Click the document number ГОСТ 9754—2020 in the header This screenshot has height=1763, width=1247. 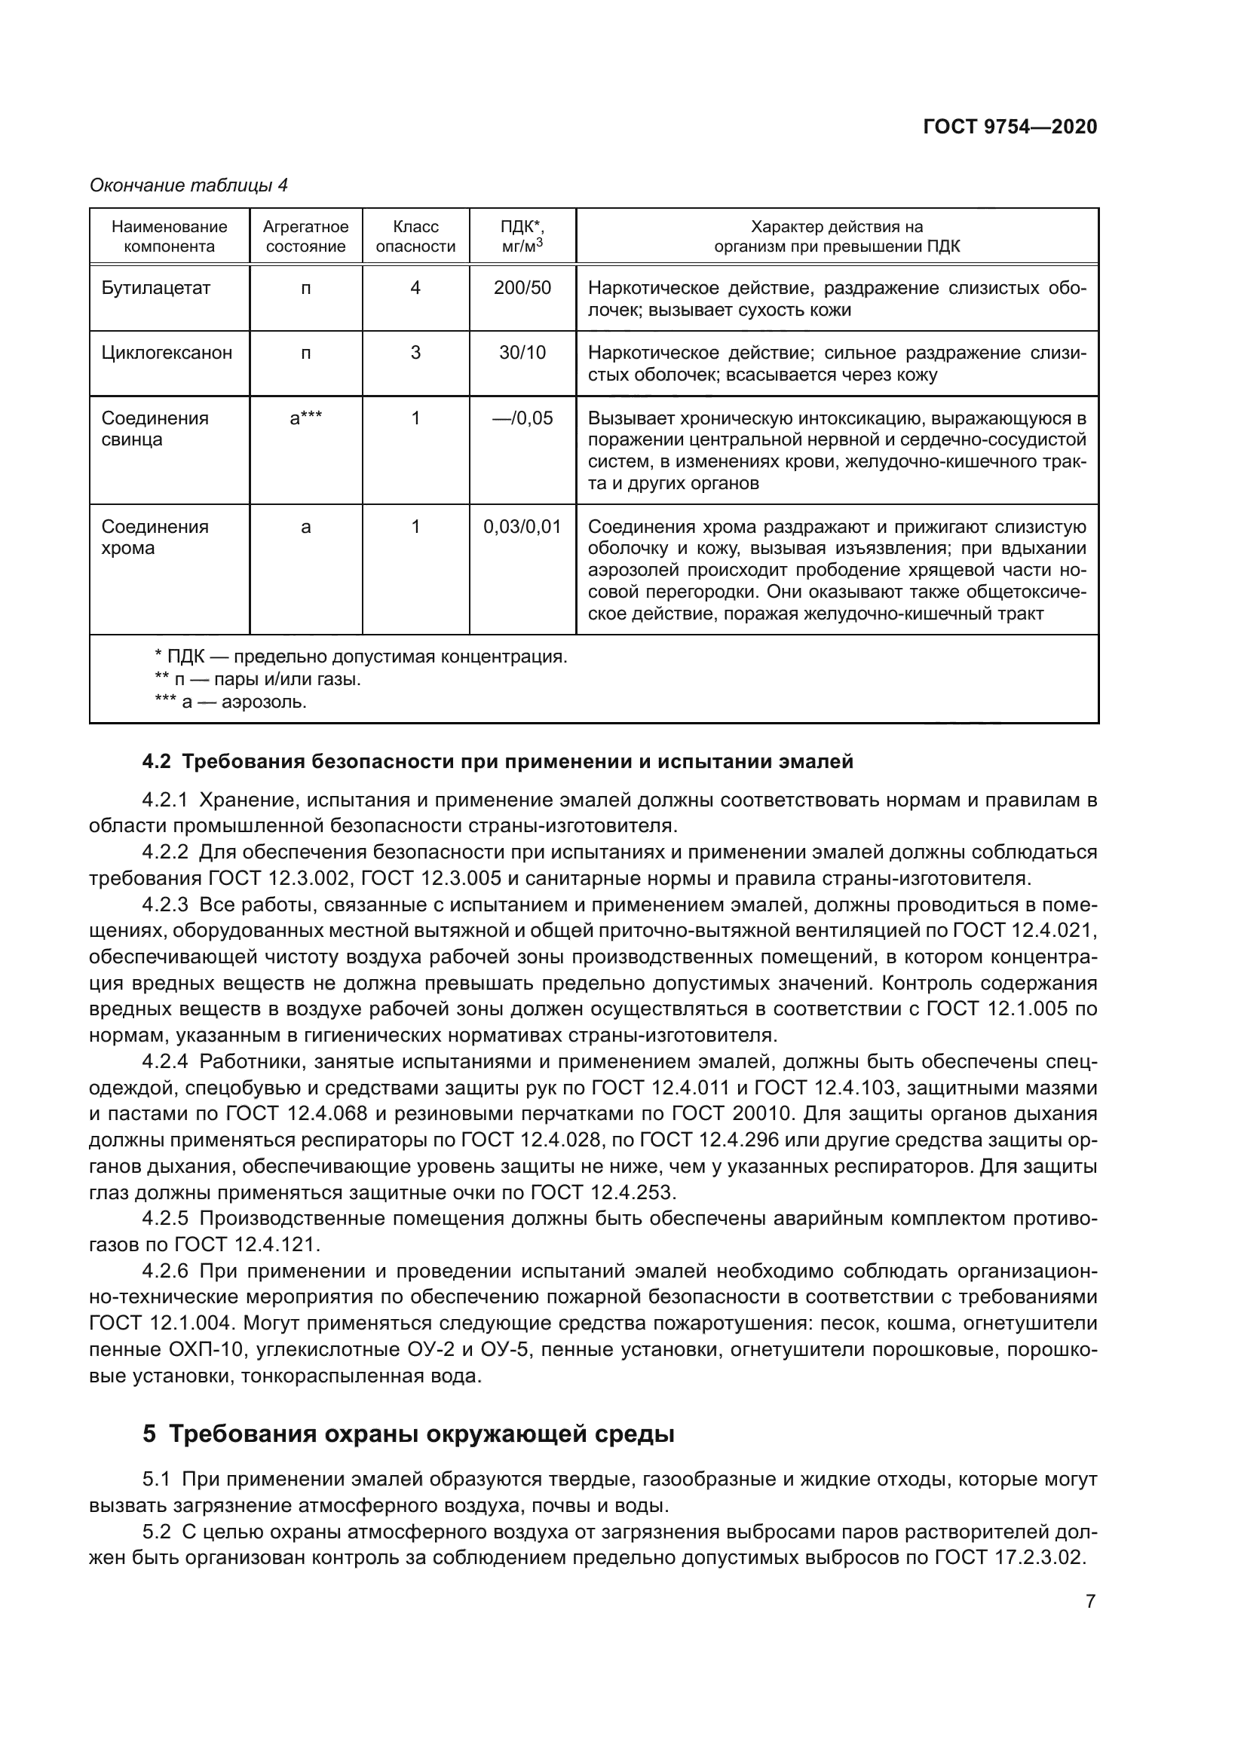point(1010,127)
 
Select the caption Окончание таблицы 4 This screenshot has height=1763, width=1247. point(188,185)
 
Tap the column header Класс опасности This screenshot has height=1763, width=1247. point(415,237)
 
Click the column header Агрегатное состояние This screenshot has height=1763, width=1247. point(305,237)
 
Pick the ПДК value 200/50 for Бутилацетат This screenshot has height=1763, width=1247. point(522,288)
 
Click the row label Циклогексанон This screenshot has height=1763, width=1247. point(167,354)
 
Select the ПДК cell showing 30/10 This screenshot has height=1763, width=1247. point(522,354)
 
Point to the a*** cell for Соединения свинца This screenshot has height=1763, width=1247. point(305,418)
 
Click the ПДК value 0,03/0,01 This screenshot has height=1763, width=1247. point(522,527)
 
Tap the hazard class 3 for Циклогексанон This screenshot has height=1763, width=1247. point(415,354)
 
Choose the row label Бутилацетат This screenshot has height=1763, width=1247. point(156,288)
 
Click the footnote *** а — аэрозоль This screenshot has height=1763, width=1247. point(231,702)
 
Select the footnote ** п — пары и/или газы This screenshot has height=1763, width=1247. point(257,680)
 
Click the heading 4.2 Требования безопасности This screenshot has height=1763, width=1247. point(498,762)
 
